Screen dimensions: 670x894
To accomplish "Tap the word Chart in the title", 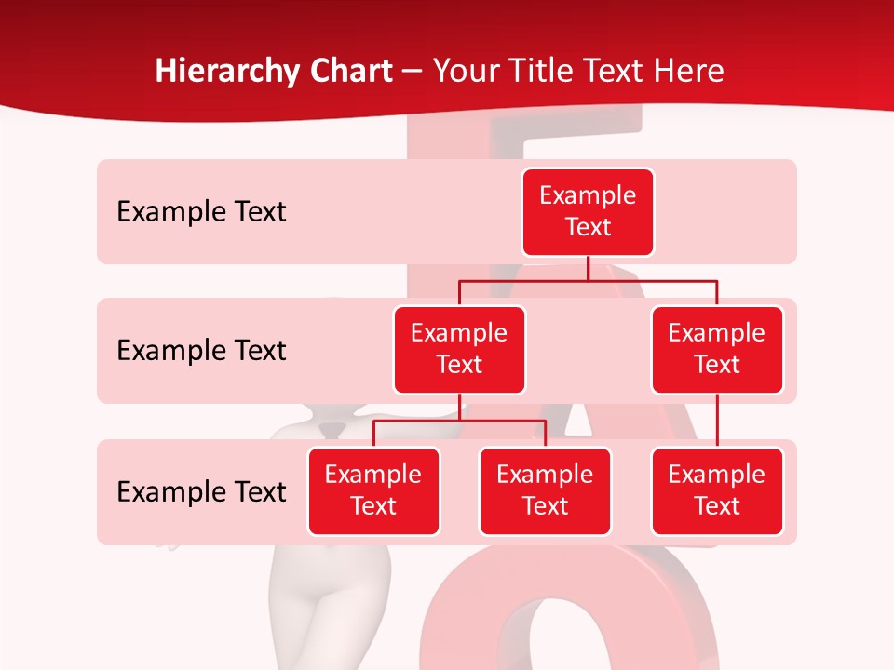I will click(349, 71).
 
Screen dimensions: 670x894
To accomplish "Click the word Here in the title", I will click(688, 71).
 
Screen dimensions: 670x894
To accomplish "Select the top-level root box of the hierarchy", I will click(588, 211).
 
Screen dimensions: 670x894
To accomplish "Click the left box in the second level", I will click(459, 349).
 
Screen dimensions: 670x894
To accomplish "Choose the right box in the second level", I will click(717, 349).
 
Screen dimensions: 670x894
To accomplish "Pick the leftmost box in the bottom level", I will click(373, 490).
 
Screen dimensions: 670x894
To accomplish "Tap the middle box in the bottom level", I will click(545, 490).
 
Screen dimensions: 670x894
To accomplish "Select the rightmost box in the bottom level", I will click(717, 490).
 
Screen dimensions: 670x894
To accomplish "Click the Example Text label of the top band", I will click(201, 212).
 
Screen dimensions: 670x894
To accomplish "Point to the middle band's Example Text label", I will click(201, 351).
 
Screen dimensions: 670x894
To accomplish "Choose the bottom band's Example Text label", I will click(201, 491).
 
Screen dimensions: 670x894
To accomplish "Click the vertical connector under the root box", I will click(588, 268).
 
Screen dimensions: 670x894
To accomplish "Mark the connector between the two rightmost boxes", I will click(717, 421).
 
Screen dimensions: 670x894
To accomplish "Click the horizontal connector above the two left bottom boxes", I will click(459, 421).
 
